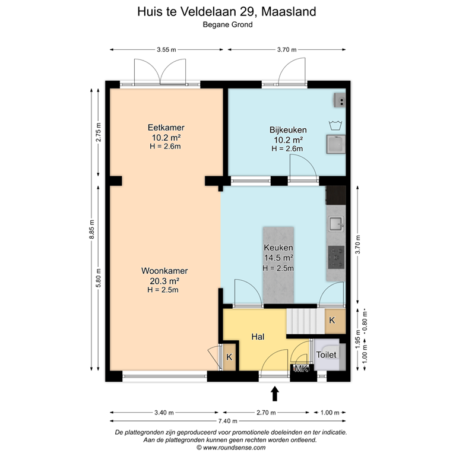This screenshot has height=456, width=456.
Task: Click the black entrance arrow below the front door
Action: pyautogui.click(x=275, y=393)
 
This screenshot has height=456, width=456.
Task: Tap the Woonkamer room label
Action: pyautogui.click(x=160, y=271)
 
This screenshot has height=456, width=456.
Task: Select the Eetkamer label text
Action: pyautogui.click(x=166, y=128)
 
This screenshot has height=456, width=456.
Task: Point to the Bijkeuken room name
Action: pyautogui.click(x=287, y=130)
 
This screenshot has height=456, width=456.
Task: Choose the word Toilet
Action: pyautogui.click(x=326, y=354)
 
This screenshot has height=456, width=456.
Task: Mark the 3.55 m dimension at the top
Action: pyautogui.click(x=166, y=50)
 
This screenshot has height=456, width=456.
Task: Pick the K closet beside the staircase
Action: pyautogui.click(x=332, y=321)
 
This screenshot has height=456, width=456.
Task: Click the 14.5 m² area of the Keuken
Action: pyautogui.click(x=278, y=258)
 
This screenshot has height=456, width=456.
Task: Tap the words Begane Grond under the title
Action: pyautogui.click(x=228, y=25)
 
